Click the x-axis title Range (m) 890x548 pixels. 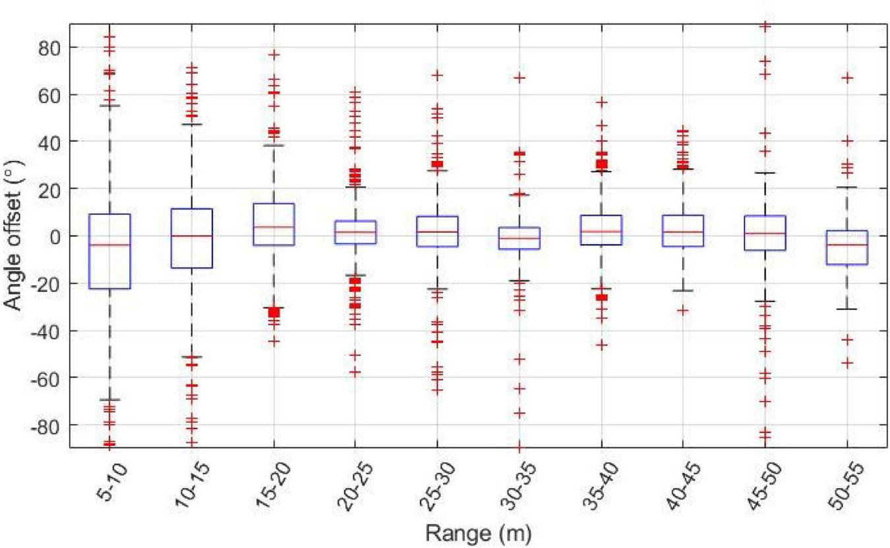pos(478,533)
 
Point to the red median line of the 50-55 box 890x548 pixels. pos(847,245)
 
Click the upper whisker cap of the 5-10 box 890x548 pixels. pos(109,106)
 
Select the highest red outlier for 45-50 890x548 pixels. pos(765,26)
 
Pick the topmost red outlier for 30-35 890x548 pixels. pos(519,78)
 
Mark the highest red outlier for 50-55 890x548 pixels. pos(847,78)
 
